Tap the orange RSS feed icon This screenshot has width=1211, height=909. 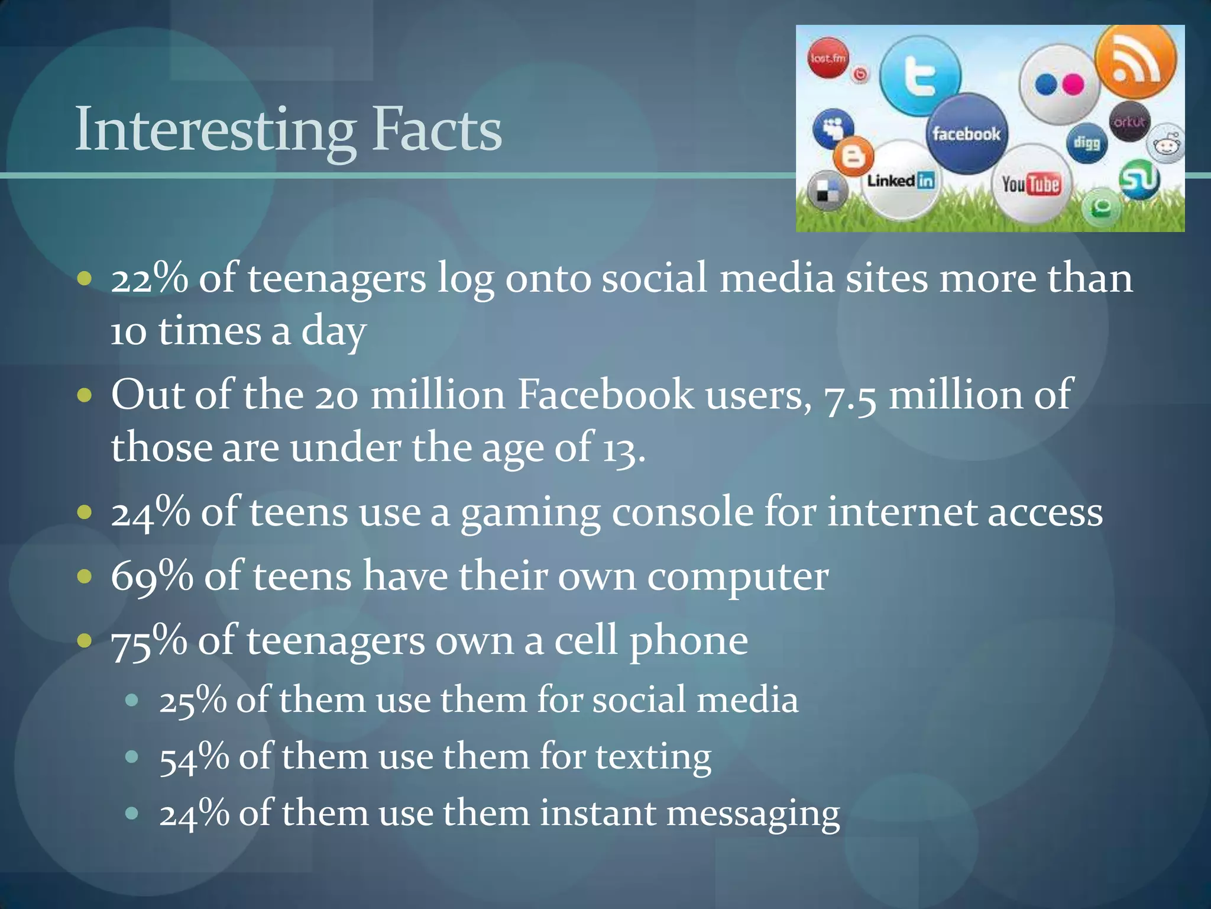click(x=1135, y=62)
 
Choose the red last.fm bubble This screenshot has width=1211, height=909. click(x=828, y=58)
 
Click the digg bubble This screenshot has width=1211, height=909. click(x=1087, y=143)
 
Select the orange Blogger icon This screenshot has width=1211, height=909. click(x=853, y=156)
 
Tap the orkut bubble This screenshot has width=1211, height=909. click(x=1129, y=122)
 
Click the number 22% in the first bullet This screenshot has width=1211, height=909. click(x=149, y=278)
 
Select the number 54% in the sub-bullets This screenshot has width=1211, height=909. click(x=194, y=757)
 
